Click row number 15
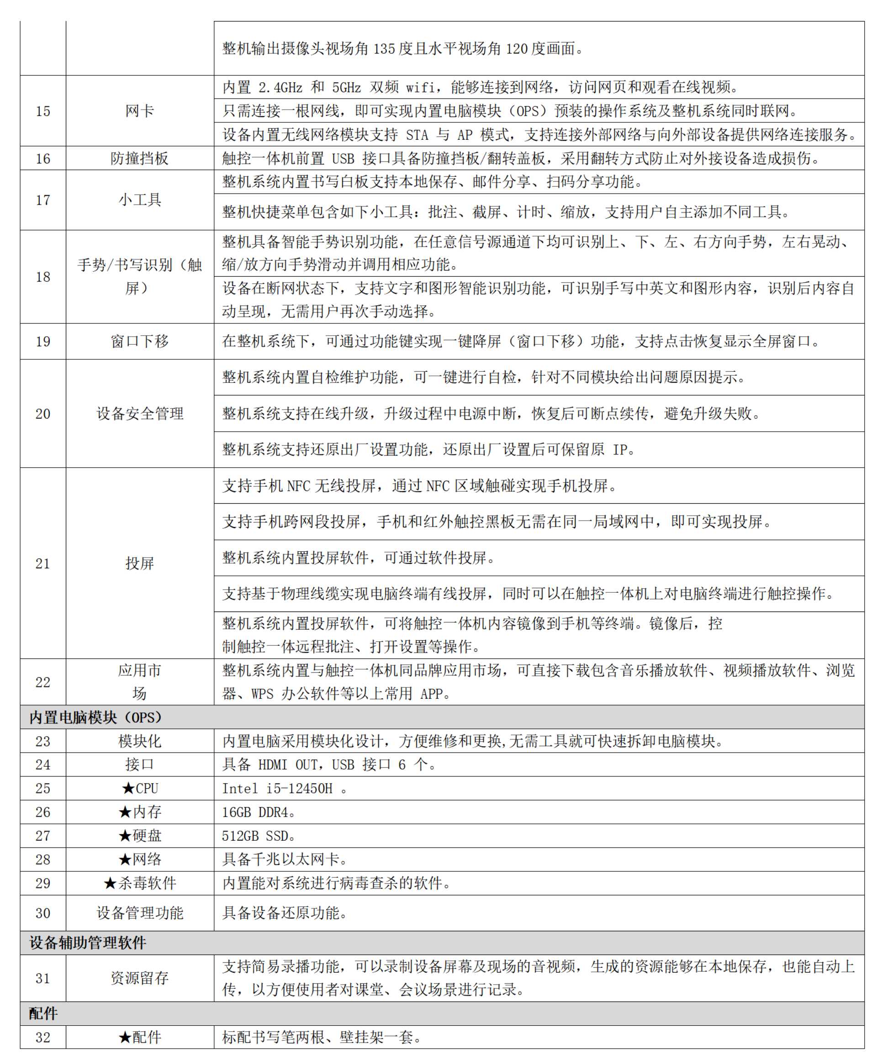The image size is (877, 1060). point(43,111)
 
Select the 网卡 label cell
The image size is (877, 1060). point(139,111)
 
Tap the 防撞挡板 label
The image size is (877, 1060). point(139,158)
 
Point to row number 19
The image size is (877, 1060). point(43,342)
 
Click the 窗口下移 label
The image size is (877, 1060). point(139,342)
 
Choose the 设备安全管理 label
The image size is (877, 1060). point(140,414)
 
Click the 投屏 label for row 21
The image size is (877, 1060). point(139,563)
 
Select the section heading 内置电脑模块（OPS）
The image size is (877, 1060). point(96,717)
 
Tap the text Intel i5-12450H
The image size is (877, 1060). point(277,788)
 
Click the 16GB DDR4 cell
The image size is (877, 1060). point(258,812)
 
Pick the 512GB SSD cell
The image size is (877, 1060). point(258,836)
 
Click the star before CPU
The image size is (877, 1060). point(128,788)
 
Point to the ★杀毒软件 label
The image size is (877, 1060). point(140,883)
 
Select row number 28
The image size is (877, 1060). point(43,860)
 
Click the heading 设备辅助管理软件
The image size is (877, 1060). point(88,943)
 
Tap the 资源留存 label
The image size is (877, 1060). point(139,978)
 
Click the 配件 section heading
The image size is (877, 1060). point(43,1013)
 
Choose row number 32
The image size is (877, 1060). point(43,1038)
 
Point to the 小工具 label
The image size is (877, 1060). point(140,200)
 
